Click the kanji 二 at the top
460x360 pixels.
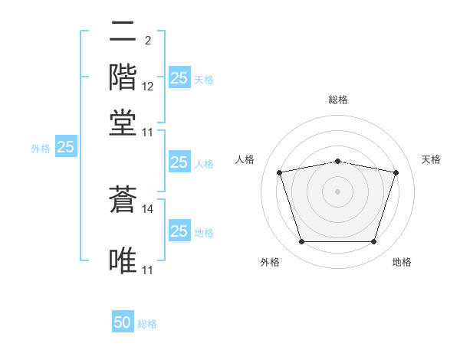pos(123,31)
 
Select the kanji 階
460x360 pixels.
pos(123,77)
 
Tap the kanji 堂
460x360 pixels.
pos(123,123)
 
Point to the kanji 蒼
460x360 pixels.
pos(123,199)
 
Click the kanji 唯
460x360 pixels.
pos(123,260)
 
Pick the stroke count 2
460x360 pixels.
pos(148,41)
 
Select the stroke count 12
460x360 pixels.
pos(147,87)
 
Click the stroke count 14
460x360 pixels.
pos(147,209)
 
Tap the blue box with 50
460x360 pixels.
pos(123,321)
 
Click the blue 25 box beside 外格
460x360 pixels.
pos(66,146)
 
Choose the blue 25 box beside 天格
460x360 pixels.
pos(180,77)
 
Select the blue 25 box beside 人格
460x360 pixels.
pos(180,162)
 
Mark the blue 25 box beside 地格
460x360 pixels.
pos(180,230)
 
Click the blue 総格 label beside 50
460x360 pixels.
pos(147,324)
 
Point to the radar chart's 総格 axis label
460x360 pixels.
pos(338,100)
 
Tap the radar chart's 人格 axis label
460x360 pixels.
pos(245,159)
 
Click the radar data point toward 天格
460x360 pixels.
pos(396,172)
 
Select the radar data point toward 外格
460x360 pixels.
pos(302,241)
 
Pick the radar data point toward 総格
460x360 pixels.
pos(338,162)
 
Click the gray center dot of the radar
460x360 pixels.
pos(337,191)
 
